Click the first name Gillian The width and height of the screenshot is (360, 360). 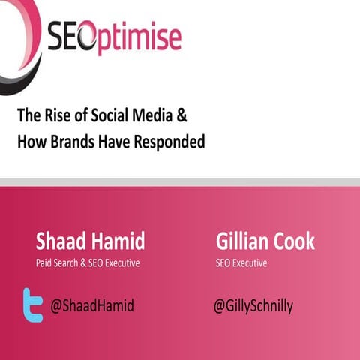pos(241,241)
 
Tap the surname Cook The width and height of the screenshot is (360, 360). pos(295,241)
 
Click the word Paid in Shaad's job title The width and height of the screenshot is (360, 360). pos(45,262)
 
